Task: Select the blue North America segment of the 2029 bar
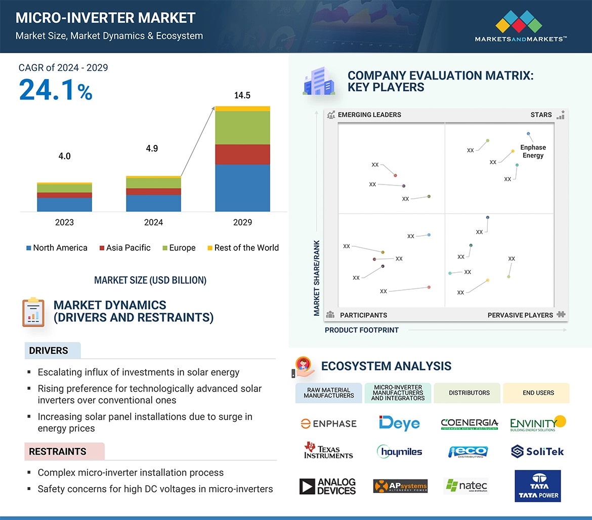[x=242, y=188]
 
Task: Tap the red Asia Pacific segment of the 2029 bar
[x=242, y=154]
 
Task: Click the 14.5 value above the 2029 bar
[x=242, y=95]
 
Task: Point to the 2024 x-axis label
[x=153, y=222]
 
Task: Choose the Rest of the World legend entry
[x=243, y=248]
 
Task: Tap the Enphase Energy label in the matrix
[x=533, y=151]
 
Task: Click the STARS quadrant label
[x=541, y=115]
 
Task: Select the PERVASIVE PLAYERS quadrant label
[x=520, y=315]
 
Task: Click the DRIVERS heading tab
[x=49, y=351]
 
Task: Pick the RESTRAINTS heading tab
[x=58, y=451]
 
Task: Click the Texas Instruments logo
[x=328, y=451]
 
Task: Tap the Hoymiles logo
[x=399, y=451]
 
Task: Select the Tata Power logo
[x=537, y=486]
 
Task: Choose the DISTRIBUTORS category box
[x=469, y=393]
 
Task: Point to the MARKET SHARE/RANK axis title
[x=317, y=278]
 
